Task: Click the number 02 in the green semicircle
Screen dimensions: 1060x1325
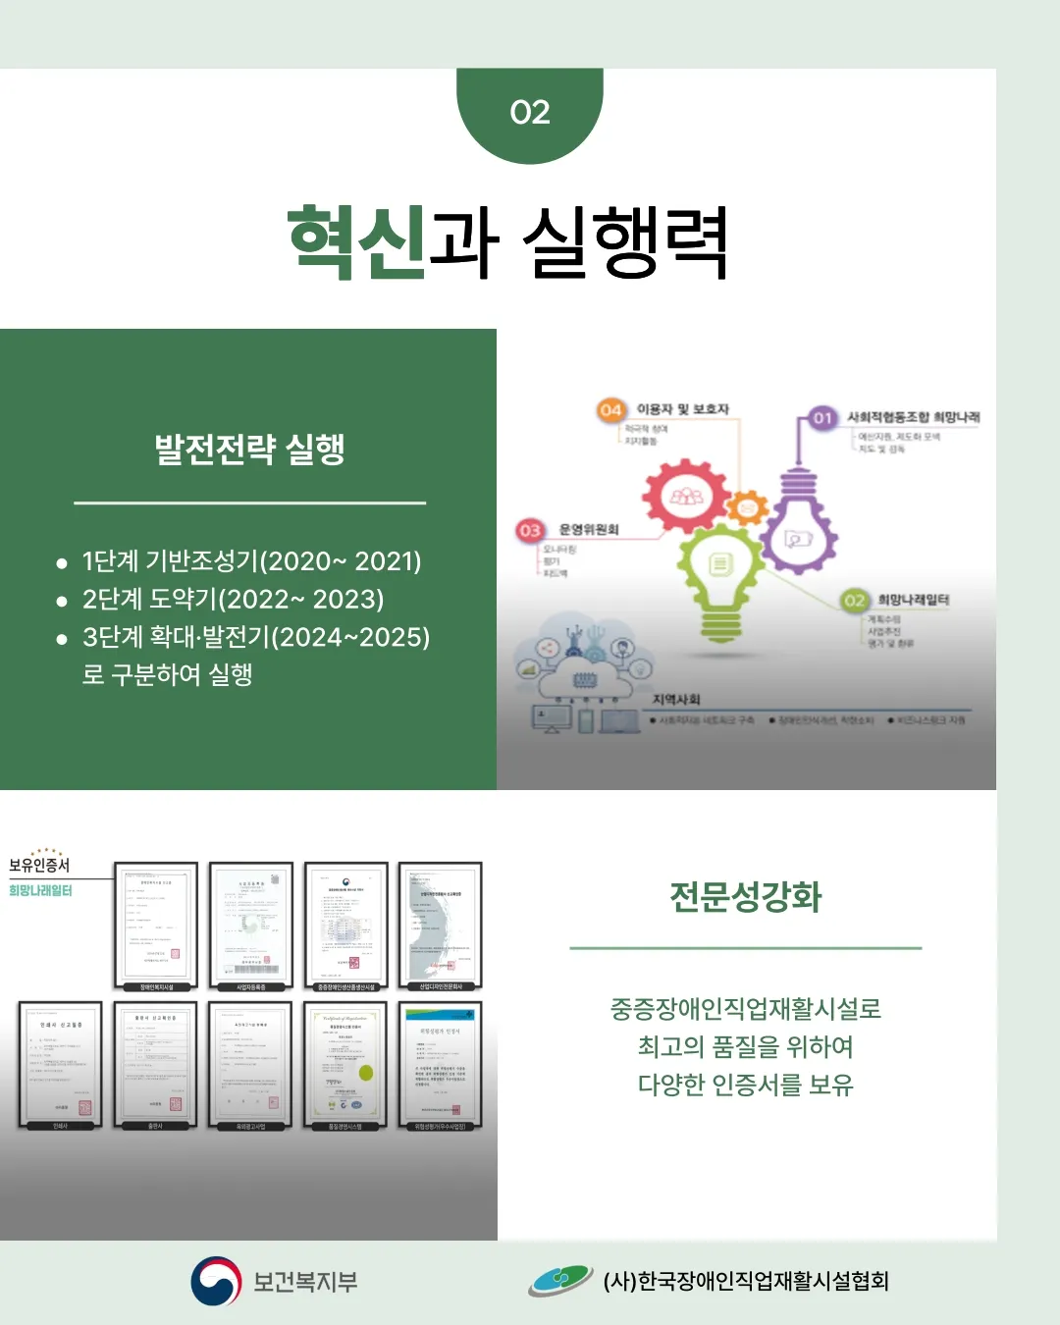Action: pos(530,113)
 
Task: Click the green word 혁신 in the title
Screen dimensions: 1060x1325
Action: pos(357,241)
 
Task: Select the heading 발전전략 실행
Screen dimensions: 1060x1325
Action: pos(249,450)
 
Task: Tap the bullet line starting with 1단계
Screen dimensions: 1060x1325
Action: pos(251,561)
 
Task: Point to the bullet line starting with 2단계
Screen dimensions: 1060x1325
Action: pos(233,600)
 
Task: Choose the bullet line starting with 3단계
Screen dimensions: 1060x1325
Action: pos(255,638)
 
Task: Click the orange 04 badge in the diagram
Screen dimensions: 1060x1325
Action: pos(610,410)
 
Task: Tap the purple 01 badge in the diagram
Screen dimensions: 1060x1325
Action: pos(822,418)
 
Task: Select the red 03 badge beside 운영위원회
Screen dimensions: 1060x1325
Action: pos(530,531)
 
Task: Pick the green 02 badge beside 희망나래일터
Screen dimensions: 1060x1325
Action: pos(855,601)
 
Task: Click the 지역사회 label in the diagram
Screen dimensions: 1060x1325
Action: pos(676,699)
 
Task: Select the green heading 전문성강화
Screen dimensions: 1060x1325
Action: pos(746,897)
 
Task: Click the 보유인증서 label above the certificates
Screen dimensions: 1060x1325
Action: pos(39,865)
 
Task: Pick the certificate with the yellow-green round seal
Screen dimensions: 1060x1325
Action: pos(345,1065)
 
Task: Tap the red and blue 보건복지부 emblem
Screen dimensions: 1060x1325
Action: pos(216,1282)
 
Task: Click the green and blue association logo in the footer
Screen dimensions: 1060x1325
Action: pos(559,1281)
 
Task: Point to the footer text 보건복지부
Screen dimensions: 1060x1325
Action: pos(305,1282)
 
